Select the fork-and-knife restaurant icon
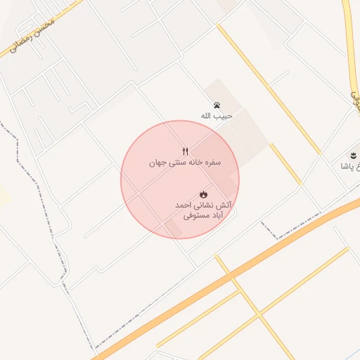pyautogui.click(x=186, y=150)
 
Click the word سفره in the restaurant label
pyautogui.click(x=212, y=162)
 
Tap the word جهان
pyautogui.click(x=157, y=162)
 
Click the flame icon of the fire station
pyautogui.click(x=203, y=193)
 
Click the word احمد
pyautogui.click(x=183, y=205)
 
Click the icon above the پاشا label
pyautogui.click(x=352, y=155)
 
